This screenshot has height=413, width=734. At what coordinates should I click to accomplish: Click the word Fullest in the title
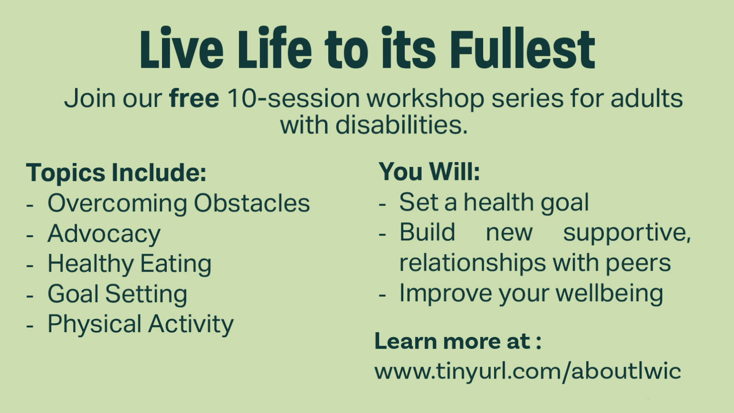(x=522, y=49)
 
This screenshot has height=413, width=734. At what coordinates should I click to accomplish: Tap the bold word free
(x=194, y=98)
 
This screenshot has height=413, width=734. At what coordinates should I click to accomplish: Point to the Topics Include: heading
(x=116, y=173)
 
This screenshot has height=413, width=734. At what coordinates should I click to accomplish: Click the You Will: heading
(x=429, y=171)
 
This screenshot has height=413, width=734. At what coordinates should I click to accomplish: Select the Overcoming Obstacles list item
(x=179, y=204)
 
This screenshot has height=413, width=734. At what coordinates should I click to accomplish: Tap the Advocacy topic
(x=104, y=234)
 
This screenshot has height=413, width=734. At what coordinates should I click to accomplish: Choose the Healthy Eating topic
(x=130, y=264)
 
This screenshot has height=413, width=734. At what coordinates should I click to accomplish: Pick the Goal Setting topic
(x=117, y=294)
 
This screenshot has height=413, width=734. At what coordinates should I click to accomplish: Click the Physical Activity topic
(x=140, y=324)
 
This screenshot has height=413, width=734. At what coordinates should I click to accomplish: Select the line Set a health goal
(x=494, y=202)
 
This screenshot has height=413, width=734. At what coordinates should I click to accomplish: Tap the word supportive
(x=627, y=233)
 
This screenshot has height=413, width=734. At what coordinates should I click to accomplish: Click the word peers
(x=638, y=263)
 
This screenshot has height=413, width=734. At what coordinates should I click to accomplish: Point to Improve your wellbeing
(x=531, y=293)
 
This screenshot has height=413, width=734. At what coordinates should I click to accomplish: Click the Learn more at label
(x=458, y=341)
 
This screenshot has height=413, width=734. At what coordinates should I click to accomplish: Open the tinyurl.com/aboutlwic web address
(x=528, y=371)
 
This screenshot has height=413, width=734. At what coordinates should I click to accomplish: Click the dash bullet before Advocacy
(x=30, y=236)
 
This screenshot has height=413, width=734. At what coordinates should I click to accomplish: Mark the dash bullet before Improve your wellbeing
(x=382, y=294)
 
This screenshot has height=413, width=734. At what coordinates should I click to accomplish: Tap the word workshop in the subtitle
(x=425, y=98)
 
